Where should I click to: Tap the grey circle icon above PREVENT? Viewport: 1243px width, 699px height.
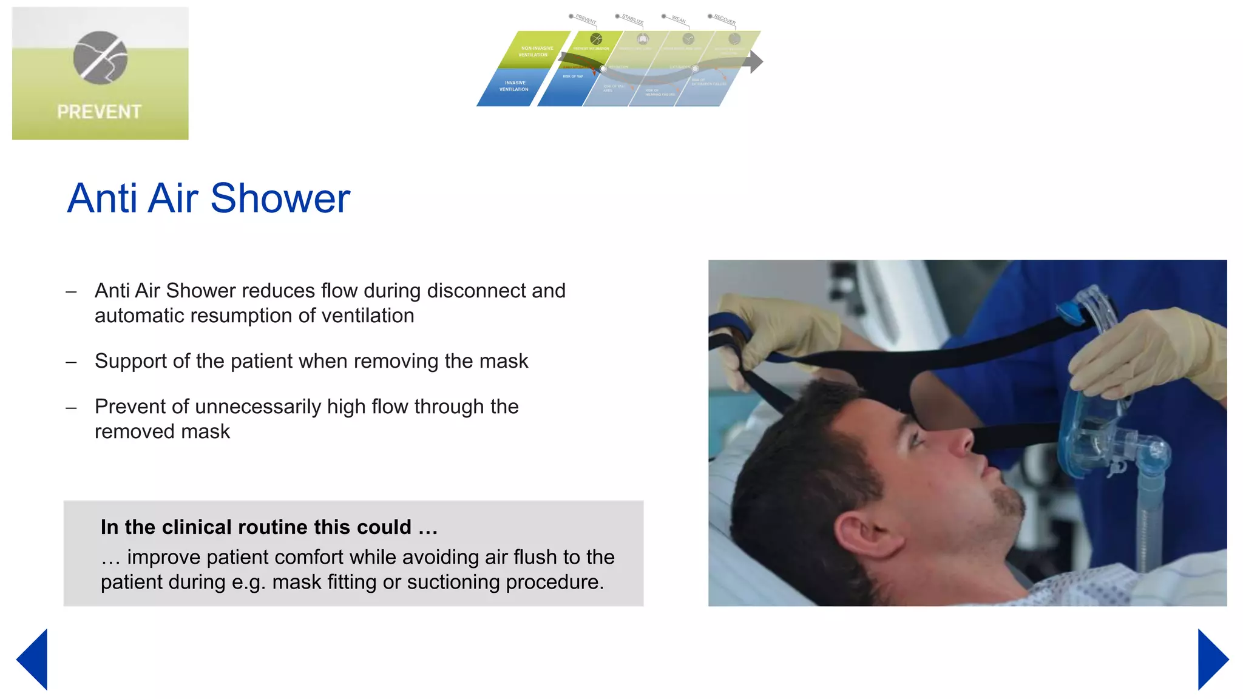coord(100,58)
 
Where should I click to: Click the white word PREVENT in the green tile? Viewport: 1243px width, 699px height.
coord(99,112)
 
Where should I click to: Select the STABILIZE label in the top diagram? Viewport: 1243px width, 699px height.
coord(632,19)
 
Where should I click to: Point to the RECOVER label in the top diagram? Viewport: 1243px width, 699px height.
coord(724,19)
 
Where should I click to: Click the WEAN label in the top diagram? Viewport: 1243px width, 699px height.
coord(678,19)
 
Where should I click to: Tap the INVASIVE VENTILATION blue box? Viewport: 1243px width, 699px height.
coord(513,86)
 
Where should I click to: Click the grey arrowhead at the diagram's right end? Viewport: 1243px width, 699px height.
coord(756,61)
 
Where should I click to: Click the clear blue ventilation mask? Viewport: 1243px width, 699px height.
coord(1092,413)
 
